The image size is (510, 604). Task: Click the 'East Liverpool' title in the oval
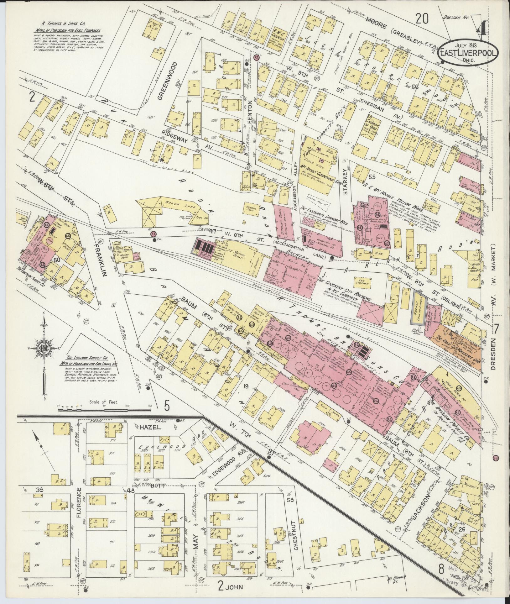click(467, 53)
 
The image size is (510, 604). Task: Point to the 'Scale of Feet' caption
click(103, 402)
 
